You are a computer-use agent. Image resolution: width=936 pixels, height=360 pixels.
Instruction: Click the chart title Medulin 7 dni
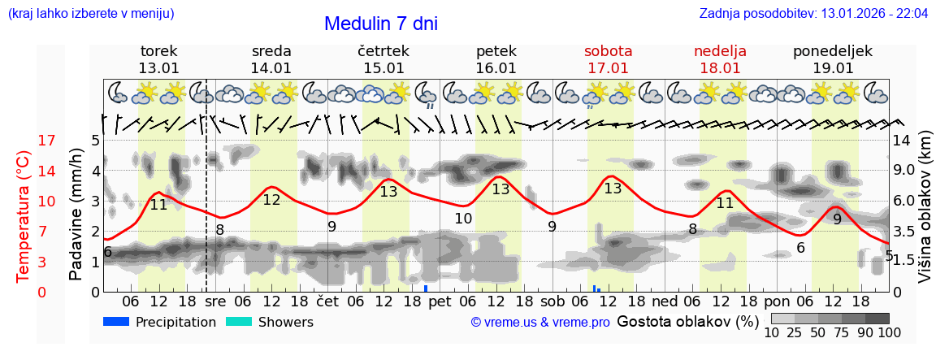tap(380, 24)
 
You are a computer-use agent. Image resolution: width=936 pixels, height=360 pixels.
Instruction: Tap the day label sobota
tap(608, 51)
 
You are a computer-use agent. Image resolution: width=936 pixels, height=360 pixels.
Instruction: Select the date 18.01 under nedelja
tap(720, 68)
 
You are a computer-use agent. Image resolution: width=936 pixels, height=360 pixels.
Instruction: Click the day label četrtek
tap(383, 51)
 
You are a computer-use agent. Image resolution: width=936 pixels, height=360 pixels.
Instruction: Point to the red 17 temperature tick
tap(24, 141)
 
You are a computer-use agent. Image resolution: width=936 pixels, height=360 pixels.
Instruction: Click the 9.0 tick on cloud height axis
tap(904, 171)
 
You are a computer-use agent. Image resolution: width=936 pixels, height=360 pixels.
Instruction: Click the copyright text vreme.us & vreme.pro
tap(540, 322)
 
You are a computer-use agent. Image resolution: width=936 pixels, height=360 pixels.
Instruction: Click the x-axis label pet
tap(440, 301)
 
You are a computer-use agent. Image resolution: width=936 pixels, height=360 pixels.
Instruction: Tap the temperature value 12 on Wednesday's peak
tap(271, 200)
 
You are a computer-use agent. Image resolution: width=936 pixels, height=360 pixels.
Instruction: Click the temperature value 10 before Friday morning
tap(463, 219)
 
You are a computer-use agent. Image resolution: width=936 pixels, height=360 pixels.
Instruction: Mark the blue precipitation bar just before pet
tap(426, 288)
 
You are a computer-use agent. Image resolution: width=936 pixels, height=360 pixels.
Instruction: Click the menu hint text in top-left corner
tap(90, 14)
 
